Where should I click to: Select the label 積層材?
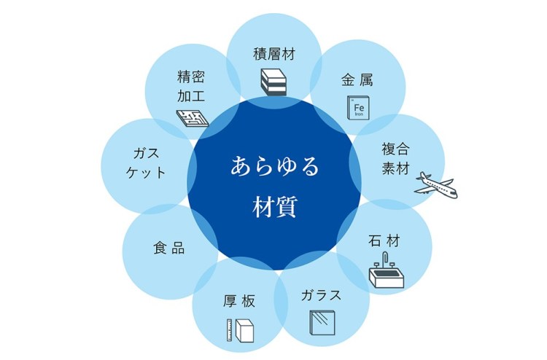click(274, 54)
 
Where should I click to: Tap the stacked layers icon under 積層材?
click(274, 81)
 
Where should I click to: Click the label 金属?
click(357, 79)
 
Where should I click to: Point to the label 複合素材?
click(395, 158)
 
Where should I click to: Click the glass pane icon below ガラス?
click(321, 322)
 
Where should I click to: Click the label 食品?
click(168, 248)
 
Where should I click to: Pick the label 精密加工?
click(191, 85)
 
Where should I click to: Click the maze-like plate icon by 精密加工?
click(193, 117)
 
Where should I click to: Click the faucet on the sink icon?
click(384, 259)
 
